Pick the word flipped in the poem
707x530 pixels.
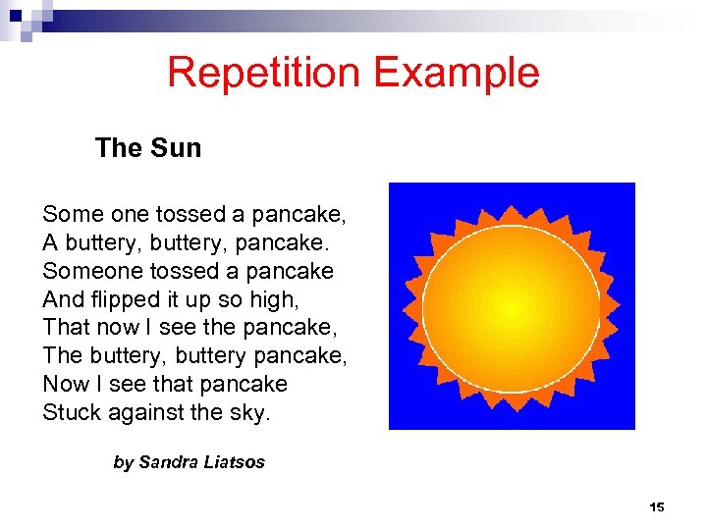126,298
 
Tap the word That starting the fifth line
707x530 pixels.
64,327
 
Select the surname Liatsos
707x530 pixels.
235,462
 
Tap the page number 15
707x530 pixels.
657,507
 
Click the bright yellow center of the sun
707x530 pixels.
511,307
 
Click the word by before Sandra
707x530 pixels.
123,462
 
